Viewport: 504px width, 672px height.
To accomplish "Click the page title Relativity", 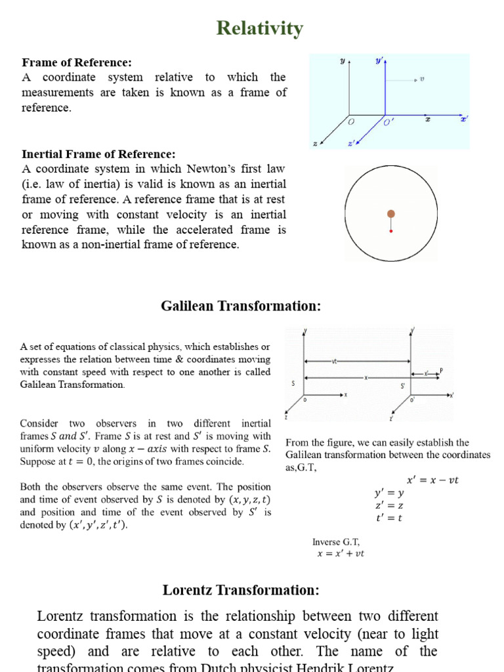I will [260, 28].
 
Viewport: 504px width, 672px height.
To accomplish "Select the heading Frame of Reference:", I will [77, 62].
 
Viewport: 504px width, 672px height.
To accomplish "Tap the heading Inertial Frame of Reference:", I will [98, 154].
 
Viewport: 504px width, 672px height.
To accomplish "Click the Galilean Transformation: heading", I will [241, 306].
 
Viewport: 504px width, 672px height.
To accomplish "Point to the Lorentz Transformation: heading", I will [241, 590].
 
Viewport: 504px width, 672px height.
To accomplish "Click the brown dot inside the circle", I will [391, 213].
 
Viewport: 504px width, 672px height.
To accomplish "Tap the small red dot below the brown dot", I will [391, 231].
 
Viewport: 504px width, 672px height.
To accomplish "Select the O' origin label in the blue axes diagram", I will [388, 123].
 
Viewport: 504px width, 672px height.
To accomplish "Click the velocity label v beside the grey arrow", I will [422, 79].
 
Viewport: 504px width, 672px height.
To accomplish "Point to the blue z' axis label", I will [351, 142].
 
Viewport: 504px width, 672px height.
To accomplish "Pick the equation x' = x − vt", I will [433, 480].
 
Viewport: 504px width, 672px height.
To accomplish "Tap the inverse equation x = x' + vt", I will [341, 553].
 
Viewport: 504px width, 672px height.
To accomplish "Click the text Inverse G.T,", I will [336, 542].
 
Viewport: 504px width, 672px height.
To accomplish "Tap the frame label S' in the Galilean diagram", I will [402, 385].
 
